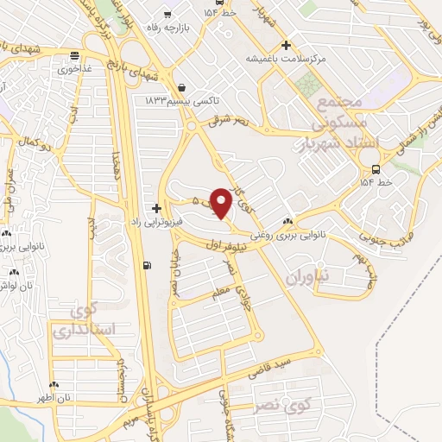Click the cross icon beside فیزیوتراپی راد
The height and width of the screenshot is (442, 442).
[x=155, y=208]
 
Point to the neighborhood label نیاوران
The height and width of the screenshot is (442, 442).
[x=302, y=277]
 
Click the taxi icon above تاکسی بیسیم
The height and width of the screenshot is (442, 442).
[x=182, y=87]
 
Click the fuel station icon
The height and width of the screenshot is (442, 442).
[x=145, y=264]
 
